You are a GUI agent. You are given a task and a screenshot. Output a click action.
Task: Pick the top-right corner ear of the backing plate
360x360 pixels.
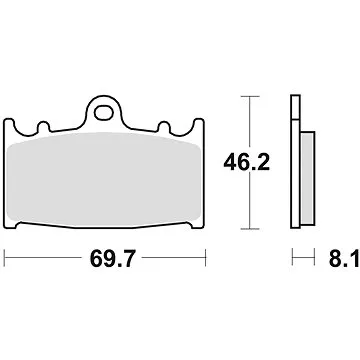pos(201,127)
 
